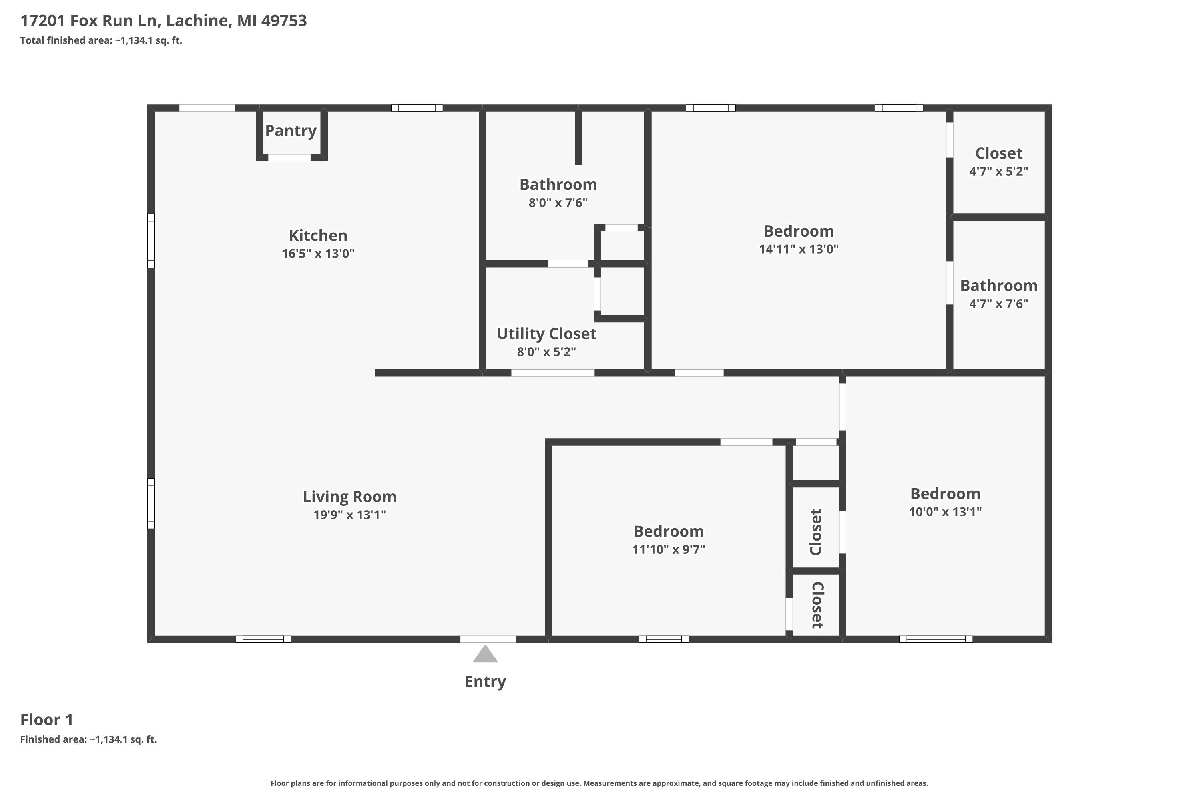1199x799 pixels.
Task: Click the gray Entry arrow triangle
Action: coord(485,654)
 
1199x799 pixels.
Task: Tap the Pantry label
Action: coord(291,131)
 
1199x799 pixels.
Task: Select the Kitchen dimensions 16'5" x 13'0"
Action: coord(318,254)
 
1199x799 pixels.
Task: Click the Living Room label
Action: coord(349,496)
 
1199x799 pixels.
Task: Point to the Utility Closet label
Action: coord(546,334)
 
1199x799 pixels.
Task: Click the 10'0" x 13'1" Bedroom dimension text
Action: coord(945,512)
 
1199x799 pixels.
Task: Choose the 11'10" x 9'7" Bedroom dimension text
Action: coord(668,549)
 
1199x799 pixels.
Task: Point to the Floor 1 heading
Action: coord(47,719)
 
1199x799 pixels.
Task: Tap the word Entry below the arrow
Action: coord(485,681)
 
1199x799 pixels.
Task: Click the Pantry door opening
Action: coord(289,157)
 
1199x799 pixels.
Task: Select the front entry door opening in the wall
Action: coord(488,639)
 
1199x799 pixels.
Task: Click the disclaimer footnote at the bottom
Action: coord(599,783)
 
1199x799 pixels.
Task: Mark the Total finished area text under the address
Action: coord(101,40)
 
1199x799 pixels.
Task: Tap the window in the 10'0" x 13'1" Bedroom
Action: coord(936,639)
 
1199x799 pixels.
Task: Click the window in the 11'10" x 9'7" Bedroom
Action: coord(664,639)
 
